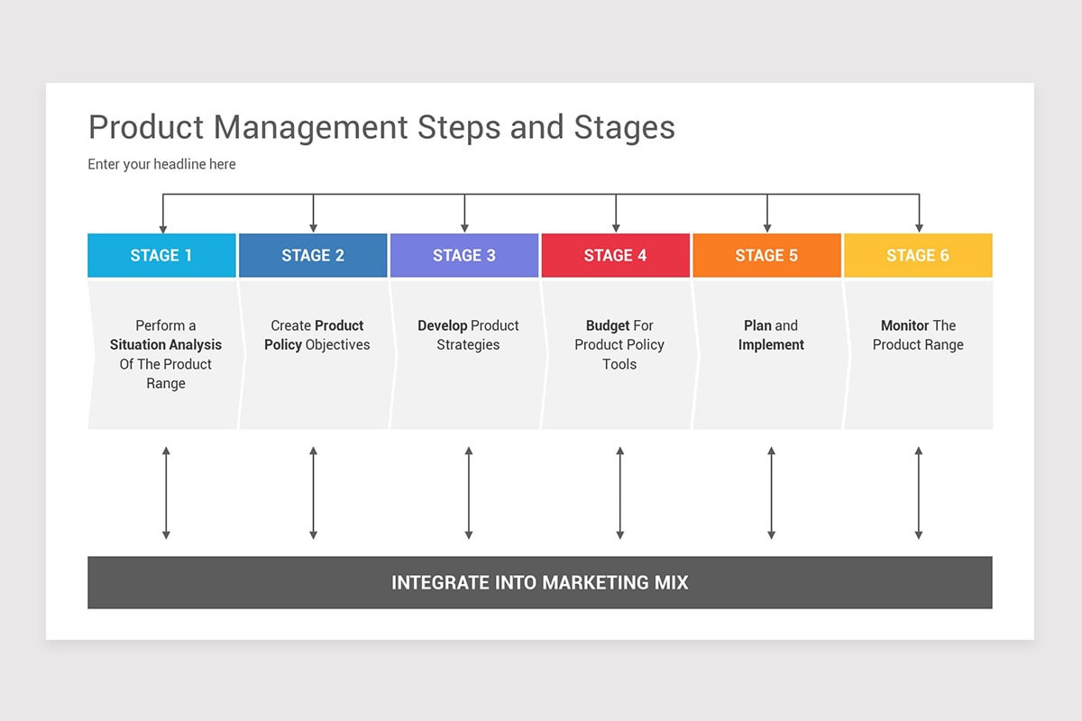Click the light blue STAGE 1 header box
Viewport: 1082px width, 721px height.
161,255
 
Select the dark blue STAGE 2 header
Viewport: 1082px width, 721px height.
313,255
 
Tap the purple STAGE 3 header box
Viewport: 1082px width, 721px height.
464,255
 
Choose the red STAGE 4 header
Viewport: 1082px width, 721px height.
615,255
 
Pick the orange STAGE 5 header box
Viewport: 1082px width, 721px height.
767,255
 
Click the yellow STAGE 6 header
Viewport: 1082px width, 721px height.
918,255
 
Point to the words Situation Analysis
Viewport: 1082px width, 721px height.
166,345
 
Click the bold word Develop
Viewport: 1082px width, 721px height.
443,326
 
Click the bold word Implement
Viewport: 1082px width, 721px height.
771,345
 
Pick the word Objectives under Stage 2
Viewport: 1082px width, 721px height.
337,345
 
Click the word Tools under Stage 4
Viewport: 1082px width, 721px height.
619,364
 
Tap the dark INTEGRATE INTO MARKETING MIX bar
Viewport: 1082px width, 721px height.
540,582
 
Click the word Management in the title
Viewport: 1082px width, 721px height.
310,127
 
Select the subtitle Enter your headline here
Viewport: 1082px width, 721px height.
161,164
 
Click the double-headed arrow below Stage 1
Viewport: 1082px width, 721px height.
166,493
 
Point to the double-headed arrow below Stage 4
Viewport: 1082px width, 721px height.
620,493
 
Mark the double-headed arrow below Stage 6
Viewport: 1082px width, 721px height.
919,493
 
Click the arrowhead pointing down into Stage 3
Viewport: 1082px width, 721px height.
464,228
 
